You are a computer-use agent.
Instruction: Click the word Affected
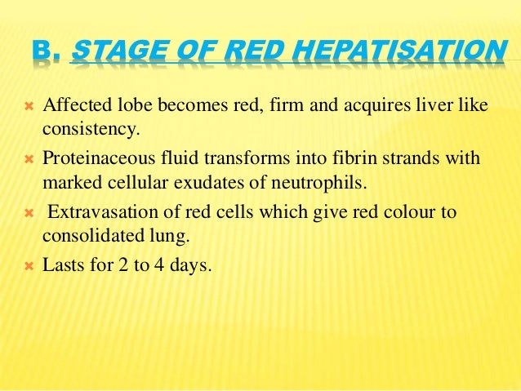pyautogui.click(x=75, y=106)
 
